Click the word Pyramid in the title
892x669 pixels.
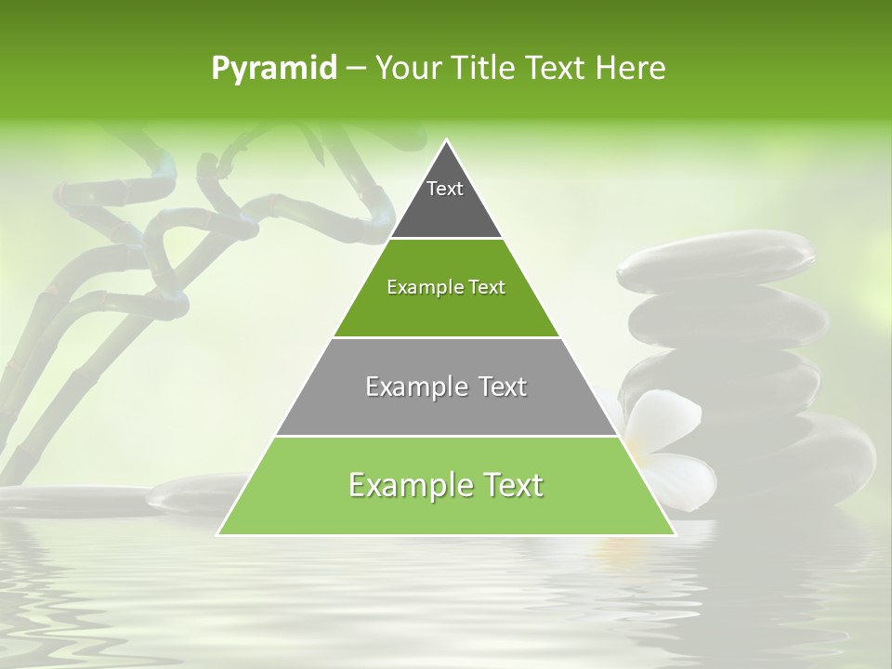coord(273,69)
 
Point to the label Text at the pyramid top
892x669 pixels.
coord(445,189)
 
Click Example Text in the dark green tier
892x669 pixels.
coord(446,287)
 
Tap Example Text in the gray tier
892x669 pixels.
coord(446,387)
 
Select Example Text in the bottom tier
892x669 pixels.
coord(446,485)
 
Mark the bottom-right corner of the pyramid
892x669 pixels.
coord(675,534)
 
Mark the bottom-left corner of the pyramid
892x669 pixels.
coord(217,534)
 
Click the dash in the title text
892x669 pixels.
coord(356,69)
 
